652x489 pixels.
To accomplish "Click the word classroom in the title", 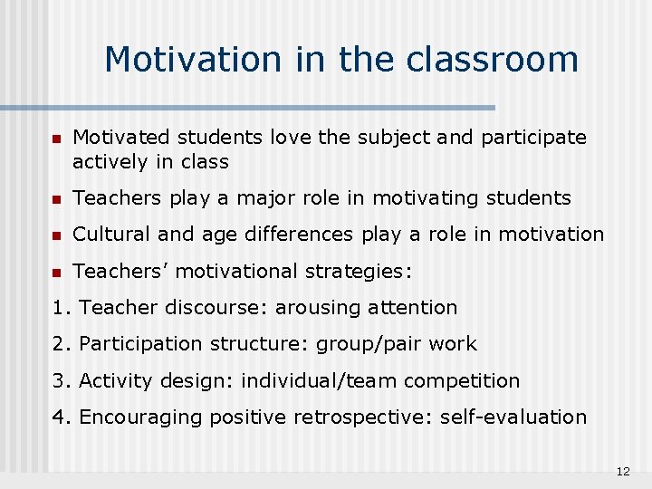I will point(493,60).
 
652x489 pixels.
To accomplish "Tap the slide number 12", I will point(622,472).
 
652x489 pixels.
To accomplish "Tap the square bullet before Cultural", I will point(56,235).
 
